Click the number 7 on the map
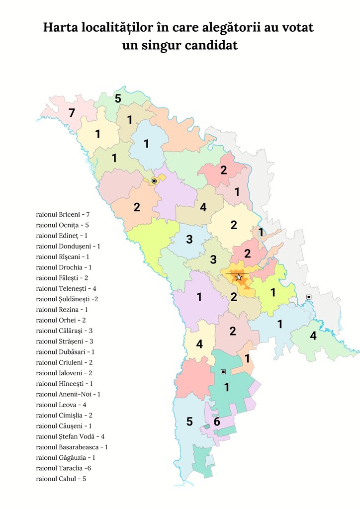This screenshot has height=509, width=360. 72,113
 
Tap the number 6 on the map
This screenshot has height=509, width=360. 217,422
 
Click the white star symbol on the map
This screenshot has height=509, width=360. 239,277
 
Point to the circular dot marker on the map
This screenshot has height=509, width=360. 154,181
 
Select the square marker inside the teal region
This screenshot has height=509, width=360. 223,371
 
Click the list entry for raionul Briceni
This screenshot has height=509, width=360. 63,214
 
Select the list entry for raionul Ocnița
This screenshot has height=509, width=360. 63,225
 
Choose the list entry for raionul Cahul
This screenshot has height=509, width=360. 61,478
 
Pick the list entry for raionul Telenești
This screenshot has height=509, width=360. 66,288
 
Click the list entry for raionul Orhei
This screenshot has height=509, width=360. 61,320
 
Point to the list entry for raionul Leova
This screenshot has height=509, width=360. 61,405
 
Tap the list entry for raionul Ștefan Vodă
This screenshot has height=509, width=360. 70,436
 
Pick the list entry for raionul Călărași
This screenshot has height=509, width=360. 65,331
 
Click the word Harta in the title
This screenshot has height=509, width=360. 59,27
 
